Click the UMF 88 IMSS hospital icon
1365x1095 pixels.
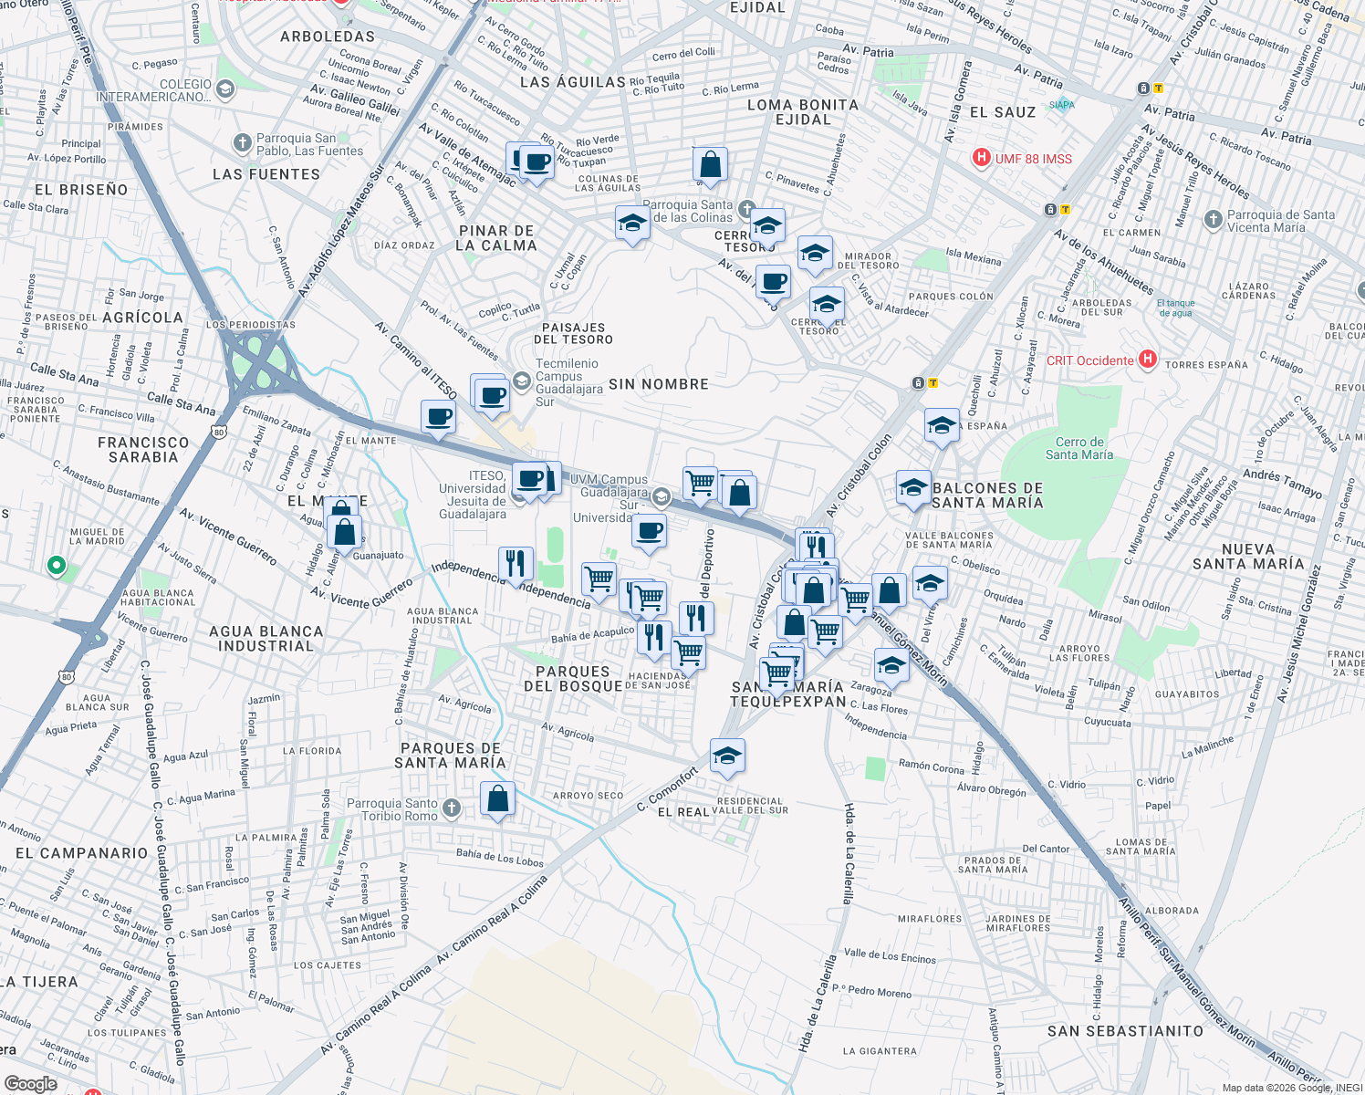point(982,158)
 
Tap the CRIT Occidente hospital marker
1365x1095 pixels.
point(1148,360)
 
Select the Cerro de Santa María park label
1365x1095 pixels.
point(1079,448)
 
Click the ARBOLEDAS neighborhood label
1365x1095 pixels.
point(328,36)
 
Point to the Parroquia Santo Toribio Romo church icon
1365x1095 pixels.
point(452,808)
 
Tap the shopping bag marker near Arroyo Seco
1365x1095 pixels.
point(497,799)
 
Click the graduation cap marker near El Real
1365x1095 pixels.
point(727,756)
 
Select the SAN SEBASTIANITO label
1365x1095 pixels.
point(1125,1031)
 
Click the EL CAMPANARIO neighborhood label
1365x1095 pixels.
point(81,853)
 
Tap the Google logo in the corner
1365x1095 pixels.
point(30,1084)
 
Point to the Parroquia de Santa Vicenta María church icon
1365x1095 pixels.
point(1213,219)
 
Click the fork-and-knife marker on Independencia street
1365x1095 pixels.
point(516,563)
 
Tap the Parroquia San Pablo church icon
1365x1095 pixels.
point(242,142)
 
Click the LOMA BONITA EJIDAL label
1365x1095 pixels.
point(803,112)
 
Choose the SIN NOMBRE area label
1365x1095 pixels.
point(659,384)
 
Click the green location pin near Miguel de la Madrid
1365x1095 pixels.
point(57,566)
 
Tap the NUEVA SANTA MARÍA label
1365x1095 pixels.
point(1248,557)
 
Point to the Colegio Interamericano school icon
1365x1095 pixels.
point(225,89)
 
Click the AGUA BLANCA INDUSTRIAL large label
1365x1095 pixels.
point(266,639)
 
